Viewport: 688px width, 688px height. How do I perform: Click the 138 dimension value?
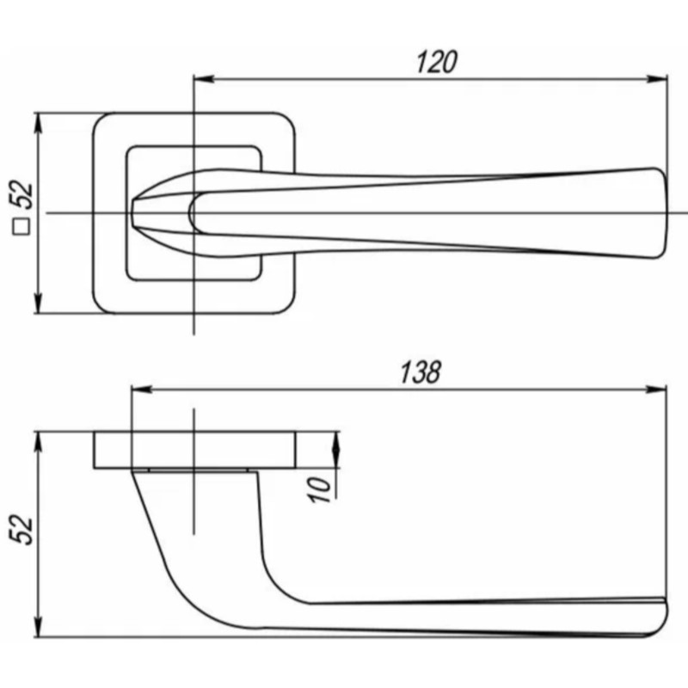click(420, 372)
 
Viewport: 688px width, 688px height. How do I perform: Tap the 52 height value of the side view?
click(23, 529)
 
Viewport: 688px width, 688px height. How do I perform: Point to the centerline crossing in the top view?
click(195, 212)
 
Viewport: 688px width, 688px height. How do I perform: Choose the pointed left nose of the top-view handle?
click(135, 212)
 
